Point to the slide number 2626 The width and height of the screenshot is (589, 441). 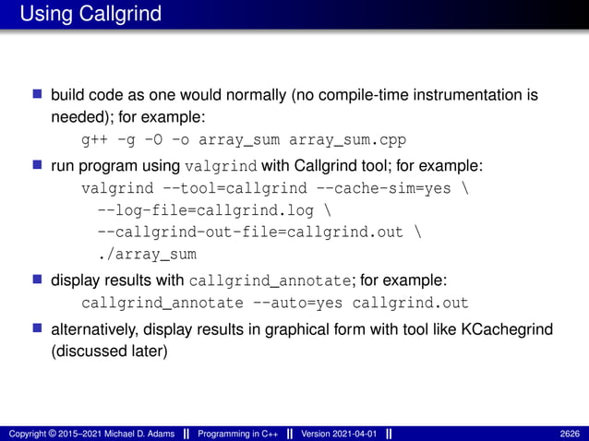[x=571, y=434]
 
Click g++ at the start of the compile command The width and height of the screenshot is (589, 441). [x=93, y=141]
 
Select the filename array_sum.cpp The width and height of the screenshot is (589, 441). [x=347, y=141]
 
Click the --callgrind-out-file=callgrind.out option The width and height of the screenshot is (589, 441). [x=250, y=232]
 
